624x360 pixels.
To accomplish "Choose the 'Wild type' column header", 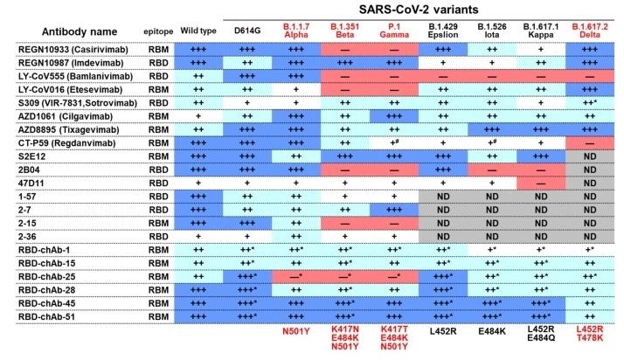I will click(198, 31).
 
